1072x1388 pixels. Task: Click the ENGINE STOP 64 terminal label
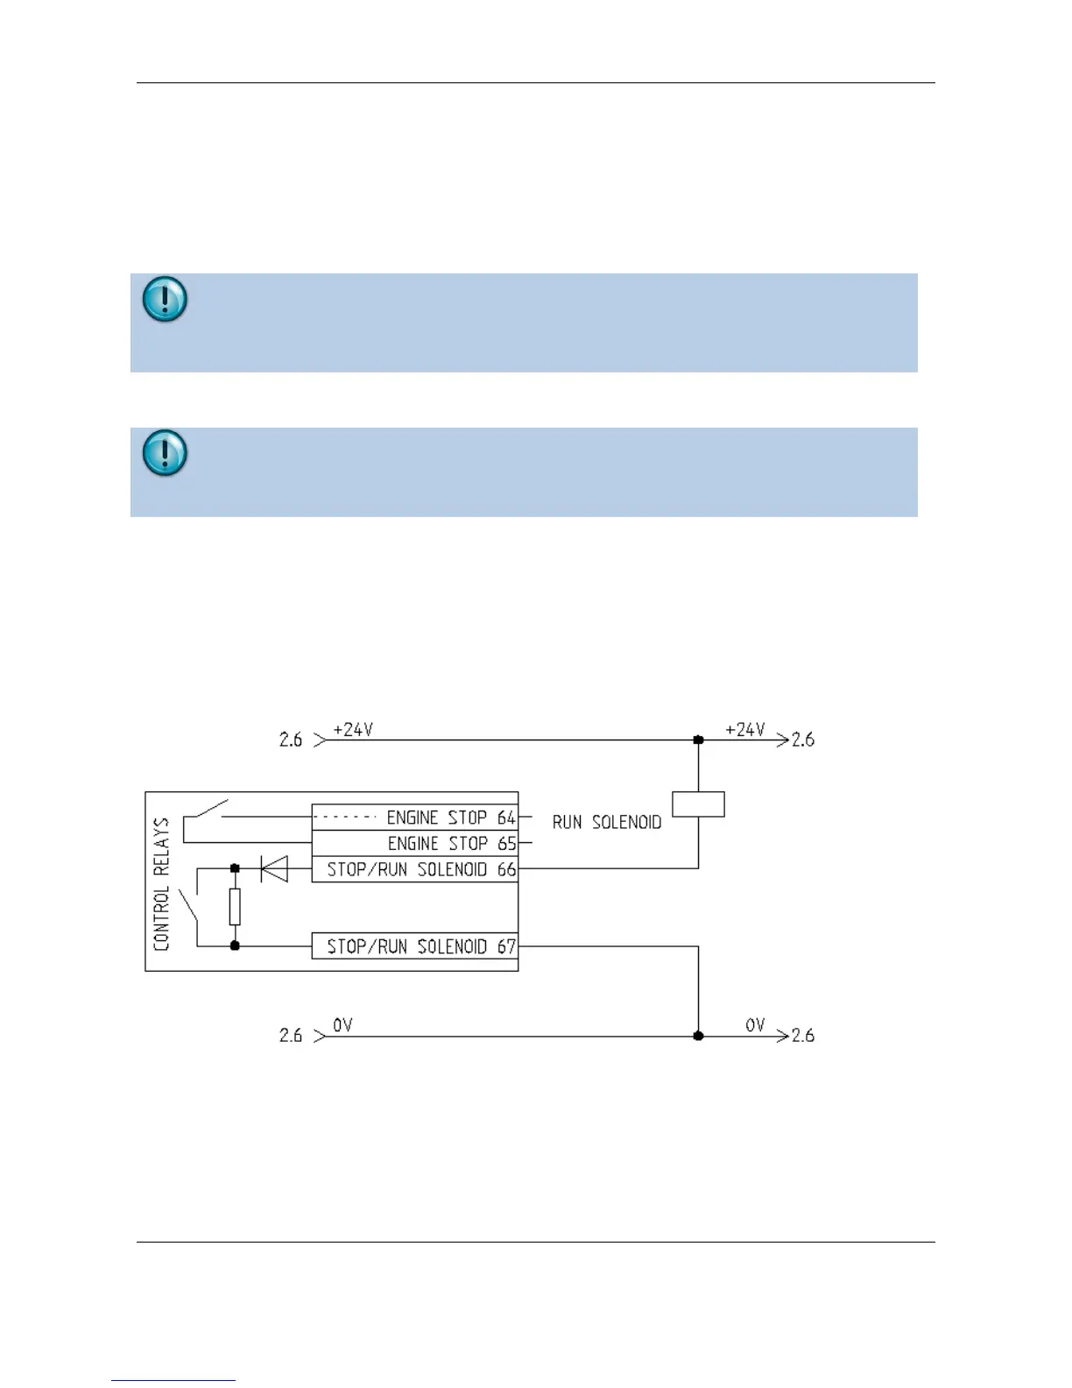click(x=450, y=818)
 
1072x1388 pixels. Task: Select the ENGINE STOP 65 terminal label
click(x=451, y=844)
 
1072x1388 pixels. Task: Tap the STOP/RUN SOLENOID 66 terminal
click(x=420, y=869)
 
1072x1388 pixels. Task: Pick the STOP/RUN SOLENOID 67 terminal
click(x=420, y=946)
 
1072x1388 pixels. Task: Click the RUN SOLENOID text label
click(x=607, y=822)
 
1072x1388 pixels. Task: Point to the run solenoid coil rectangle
click(x=698, y=804)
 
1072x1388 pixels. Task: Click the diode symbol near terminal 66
click(x=274, y=869)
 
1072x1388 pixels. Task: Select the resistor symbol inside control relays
click(x=235, y=907)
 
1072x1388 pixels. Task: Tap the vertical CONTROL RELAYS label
click(x=161, y=884)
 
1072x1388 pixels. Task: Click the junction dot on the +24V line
click(x=698, y=740)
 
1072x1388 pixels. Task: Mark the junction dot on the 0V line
click(x=698, y=1036)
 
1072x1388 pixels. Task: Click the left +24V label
click(x=353, y=730)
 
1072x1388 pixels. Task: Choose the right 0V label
click(x=755, y=1025)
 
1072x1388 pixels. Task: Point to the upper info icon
click(x=164, y=299)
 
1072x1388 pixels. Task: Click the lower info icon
click(x=164, y=453)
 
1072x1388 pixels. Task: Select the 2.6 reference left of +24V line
click(x=291, y=740)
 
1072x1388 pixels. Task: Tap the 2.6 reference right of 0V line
click(x=803, y=1036)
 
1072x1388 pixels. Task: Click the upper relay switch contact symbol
click(x=207, y=811)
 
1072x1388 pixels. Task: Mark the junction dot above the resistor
click(x=235, y=869)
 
